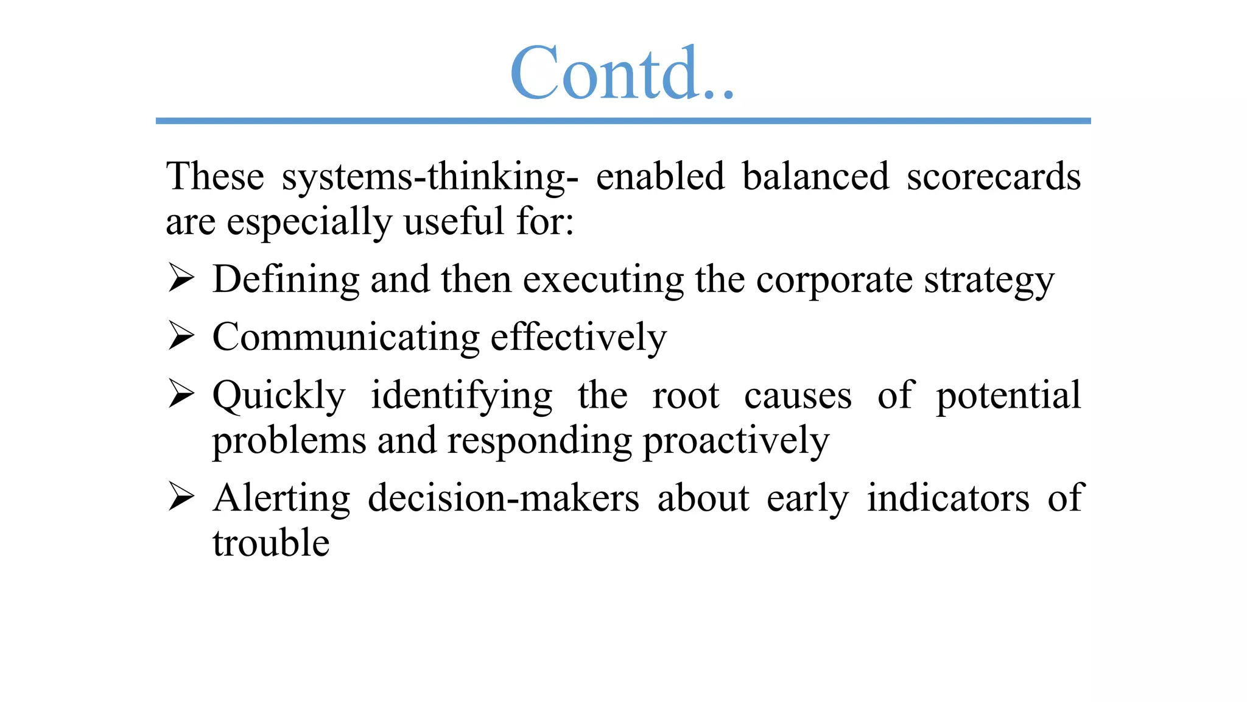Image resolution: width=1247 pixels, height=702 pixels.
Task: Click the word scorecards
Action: click(x=993, y=177)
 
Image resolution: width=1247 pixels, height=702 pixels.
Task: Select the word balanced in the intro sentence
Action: click(x=815, y=177)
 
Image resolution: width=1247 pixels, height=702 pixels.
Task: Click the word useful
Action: click(x=454, y=221)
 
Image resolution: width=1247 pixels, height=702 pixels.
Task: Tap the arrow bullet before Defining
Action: click(x=181, y=278)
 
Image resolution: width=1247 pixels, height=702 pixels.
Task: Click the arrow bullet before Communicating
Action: click(x=181, y=336)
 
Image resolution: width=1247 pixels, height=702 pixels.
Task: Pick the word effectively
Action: click(x=578, y=338)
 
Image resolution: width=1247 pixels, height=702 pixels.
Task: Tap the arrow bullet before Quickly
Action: click(x=181, y=394)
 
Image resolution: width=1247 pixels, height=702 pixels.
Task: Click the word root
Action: click(x=686, y=396)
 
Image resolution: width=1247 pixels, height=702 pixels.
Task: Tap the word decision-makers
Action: click(x=504, y=498)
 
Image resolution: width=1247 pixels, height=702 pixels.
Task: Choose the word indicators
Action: click(x=948, y=498)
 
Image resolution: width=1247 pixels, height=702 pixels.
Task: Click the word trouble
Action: click(x=271, y=543)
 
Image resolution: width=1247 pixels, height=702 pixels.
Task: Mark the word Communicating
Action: click(x=346, y=338)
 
